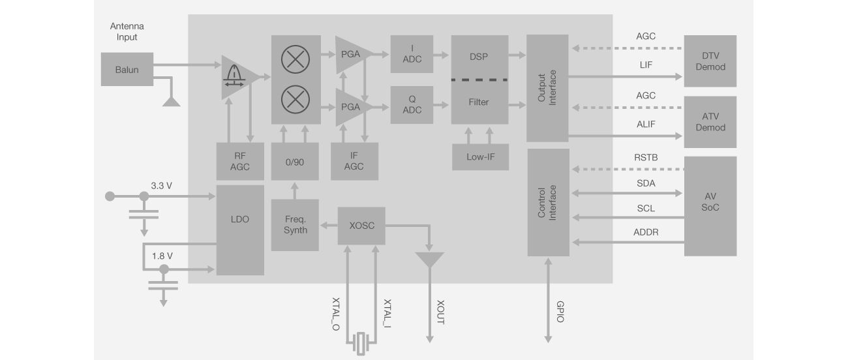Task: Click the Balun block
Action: pos(127,69)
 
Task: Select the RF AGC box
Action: pos(240,161)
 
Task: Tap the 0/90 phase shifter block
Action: pos(295,161)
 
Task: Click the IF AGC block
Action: pos(353,161)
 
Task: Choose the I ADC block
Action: pos(412,54)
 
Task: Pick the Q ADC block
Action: pos(412,104)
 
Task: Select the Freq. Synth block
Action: pos(295,225)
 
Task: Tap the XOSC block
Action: pos(361,226)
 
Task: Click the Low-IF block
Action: pos(480,157)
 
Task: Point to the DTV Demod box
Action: pos(710,61)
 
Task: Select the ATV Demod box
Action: pos(710,122)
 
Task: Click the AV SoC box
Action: pos(710,205)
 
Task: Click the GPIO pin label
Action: pos(560,311)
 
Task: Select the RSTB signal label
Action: pos(645,157)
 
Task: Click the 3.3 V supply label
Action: pos(161,185)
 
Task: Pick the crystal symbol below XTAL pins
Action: pos(361,343)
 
